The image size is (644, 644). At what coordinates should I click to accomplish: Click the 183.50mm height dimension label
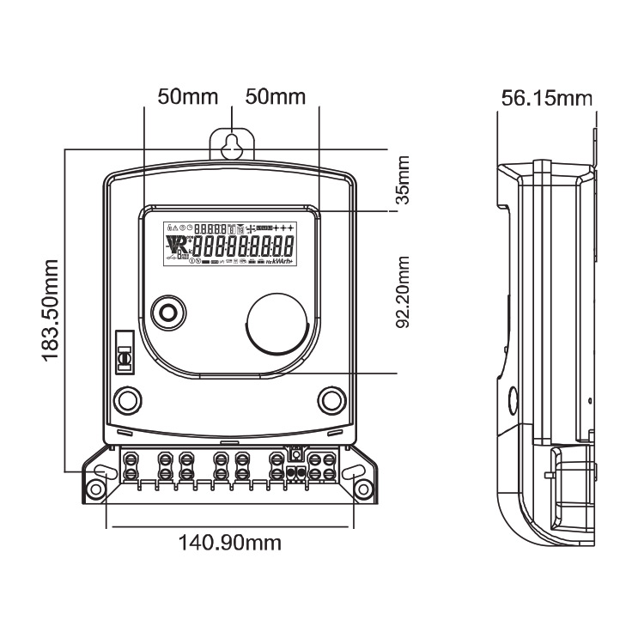(x=51, y=308)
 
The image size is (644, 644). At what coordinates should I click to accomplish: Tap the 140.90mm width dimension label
(x=230, y=543)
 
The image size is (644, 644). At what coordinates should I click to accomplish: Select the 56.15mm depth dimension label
(x=547, y=98)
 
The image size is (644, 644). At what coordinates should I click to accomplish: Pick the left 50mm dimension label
(x=187, y=96)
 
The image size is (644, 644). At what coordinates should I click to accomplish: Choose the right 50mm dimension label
(x=276, y=96)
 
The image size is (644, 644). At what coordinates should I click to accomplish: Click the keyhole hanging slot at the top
(x=231, y=145)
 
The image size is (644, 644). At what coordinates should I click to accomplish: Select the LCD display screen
(x=230, y=244)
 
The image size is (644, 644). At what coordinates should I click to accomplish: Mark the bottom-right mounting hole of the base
(x=363, y=489)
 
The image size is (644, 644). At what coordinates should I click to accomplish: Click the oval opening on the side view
(x=513, y=400)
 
